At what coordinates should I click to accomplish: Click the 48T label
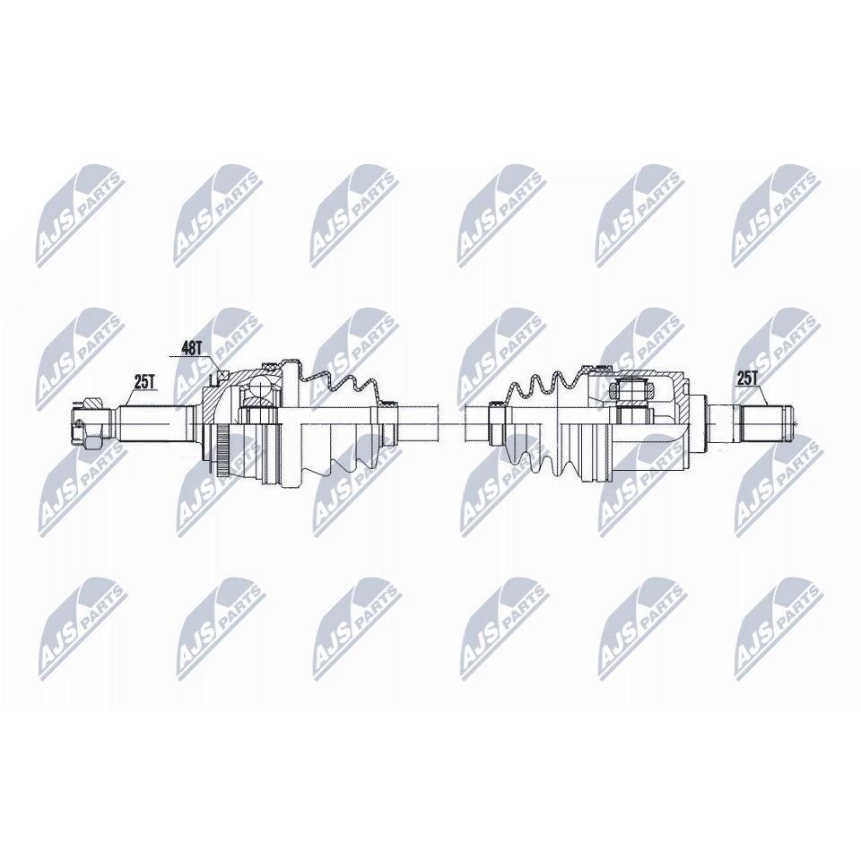(x=193, y=348)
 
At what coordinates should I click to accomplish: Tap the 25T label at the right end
(x=747, y=378)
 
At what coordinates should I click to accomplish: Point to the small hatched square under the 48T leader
(x=222, y=375)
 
